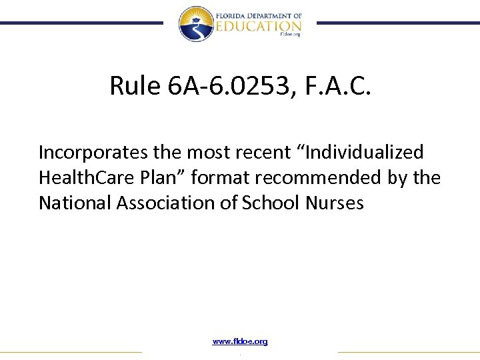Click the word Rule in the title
(136, 85)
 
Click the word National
(75, 203)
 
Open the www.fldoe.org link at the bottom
(240, 341)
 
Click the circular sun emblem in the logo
(195, 23)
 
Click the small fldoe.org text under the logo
(291, 35)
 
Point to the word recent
(257, 153)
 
